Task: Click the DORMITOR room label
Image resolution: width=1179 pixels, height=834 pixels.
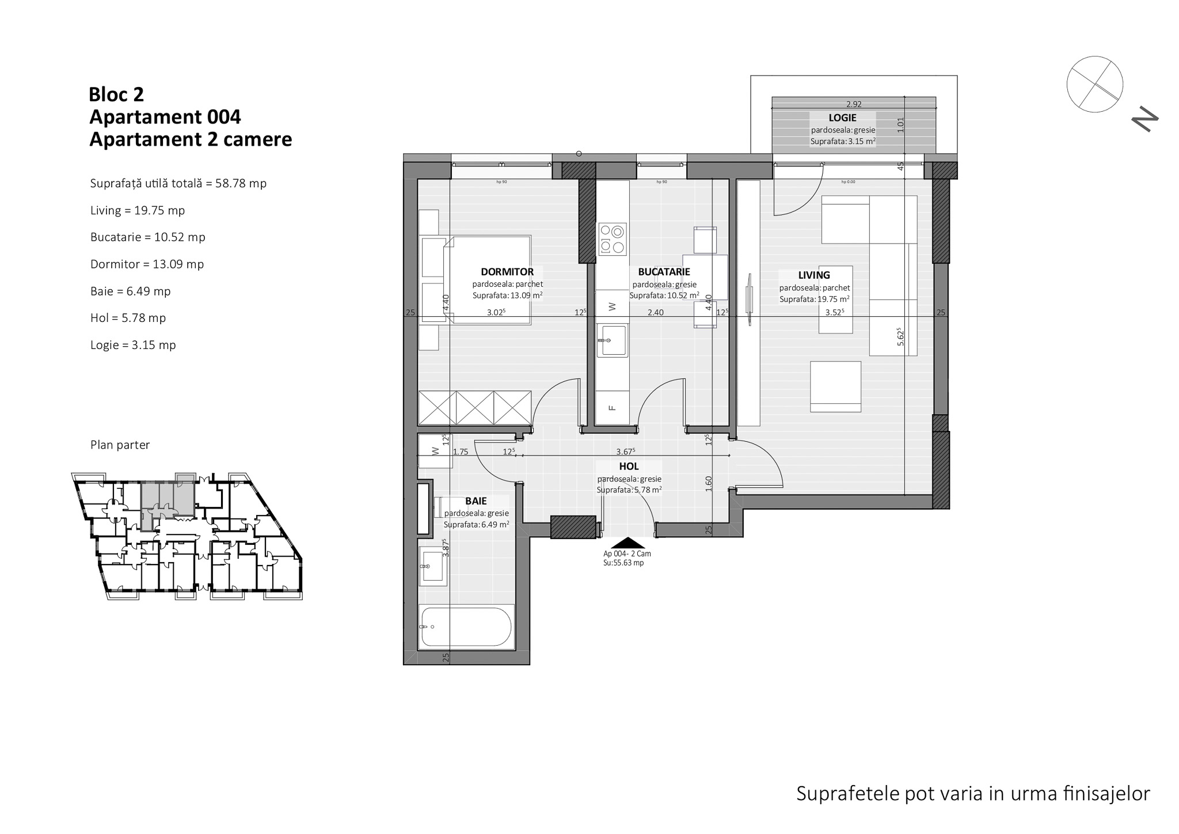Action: coord(507,272)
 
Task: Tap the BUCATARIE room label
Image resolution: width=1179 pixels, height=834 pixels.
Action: coord(664,272)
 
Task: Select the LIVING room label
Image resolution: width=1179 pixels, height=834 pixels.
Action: coord(814,275)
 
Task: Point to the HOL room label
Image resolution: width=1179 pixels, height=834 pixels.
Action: coord(629,467)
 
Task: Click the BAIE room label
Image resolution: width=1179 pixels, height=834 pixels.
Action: coord(476,502)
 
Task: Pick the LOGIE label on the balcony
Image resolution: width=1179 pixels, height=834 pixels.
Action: coord(843,117)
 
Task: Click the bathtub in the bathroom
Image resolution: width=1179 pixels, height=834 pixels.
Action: coord(466,627)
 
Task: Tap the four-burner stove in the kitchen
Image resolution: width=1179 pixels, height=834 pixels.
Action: coord(612,239)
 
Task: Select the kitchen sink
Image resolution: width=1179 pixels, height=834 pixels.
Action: coord(612,340)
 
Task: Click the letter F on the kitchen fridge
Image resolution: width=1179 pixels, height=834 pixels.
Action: coord(612,408)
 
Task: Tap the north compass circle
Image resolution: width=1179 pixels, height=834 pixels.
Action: coord(1094,84)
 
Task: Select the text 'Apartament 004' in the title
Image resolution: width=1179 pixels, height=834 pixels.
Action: coord(165,117)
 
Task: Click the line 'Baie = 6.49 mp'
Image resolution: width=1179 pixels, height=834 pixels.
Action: coord(131,291)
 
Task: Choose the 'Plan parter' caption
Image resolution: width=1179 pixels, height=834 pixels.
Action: coord(120,445)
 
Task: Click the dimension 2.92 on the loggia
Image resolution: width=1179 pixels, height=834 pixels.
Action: coord(854,104)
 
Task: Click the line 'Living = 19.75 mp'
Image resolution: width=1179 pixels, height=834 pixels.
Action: coord(138,210)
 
